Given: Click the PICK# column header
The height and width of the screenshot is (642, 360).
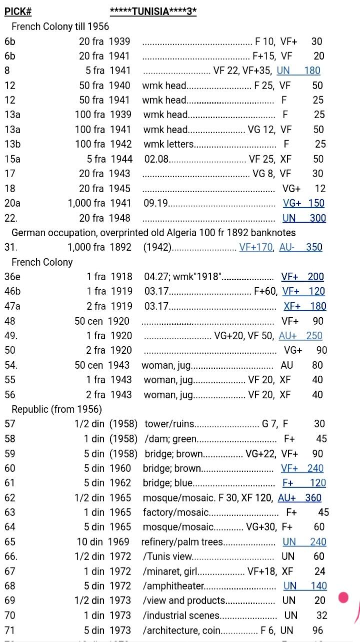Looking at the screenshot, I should pyautogui.click(x=18, y=11).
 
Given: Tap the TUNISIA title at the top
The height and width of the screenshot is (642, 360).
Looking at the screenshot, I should pyautogui.click(x=153, y=11).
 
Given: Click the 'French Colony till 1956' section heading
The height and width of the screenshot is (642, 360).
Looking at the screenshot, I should pyautogui.click(x=60, y=26).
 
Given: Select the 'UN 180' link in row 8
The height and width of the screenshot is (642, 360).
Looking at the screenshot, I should pyautogui.click(x=298, y=71).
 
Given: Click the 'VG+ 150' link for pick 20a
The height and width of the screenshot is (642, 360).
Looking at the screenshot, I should pyautogui.click(x=303, y=203).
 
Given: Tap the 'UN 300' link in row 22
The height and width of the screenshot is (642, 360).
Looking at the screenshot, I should pyautogui.click(x=304, y=218).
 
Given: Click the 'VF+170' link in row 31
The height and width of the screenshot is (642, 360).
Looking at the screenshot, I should pyautogui.click(x=256, y=247).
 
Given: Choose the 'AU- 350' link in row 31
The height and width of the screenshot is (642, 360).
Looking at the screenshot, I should pyautogui.click(x=300, y=247).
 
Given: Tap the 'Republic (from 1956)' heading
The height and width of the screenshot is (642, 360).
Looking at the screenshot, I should pyautogui.click(x=56, y=409).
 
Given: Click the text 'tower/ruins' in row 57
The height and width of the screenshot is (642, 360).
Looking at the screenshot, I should pyautogui.click(x=169, y=424).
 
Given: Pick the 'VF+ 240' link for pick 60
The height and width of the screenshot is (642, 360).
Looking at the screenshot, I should pyautogui.click(x=302, y=468).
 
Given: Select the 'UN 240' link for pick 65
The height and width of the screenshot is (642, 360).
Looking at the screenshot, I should pyautogui.click(x=304, y=542).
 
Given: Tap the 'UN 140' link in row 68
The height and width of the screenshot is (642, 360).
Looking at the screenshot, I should pyautogui.click(x=304, y=586).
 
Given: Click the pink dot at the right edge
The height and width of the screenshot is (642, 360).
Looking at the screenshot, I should pyautogui.click(x=343, y=597).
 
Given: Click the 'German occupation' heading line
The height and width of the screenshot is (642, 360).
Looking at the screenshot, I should pyautogui.click(x=153, y=233).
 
